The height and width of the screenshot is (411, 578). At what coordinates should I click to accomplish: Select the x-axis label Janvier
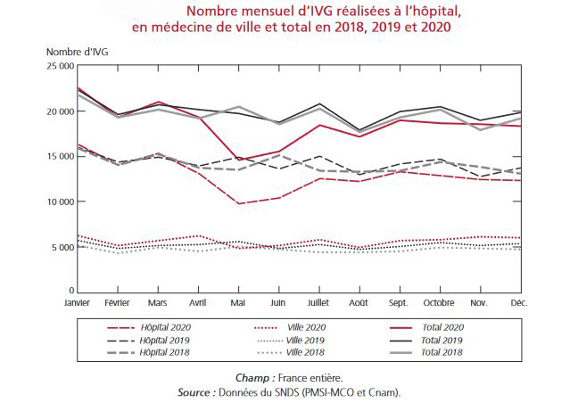click(x=78, y=303)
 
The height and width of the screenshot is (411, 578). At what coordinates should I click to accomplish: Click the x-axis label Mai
click(x=237, y=303)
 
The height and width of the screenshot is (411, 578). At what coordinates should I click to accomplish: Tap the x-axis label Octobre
click(x=439, y=303)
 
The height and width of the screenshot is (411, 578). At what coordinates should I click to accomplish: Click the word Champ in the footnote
click(x=252, y=378)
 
